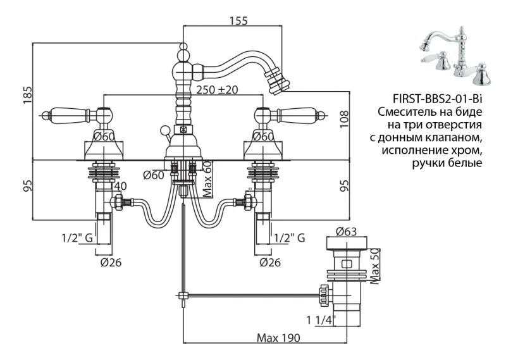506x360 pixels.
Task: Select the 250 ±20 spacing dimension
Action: tap(216, 90)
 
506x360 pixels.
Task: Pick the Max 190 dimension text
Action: tap(278, 337)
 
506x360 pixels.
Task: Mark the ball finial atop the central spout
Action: tap(183, 47)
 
